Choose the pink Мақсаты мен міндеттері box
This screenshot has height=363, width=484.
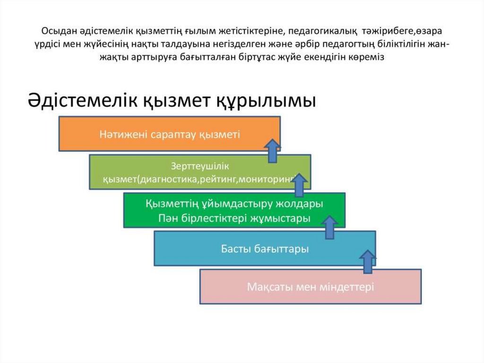tap(265, 286)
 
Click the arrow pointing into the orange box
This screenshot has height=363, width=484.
tap(272, 151)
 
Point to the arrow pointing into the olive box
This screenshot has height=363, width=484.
tap(299, 185)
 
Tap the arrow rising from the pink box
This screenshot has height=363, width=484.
tap(367, 262)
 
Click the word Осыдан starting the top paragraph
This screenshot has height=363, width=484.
tap(56, 31)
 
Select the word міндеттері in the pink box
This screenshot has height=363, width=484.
tap(347, 287)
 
